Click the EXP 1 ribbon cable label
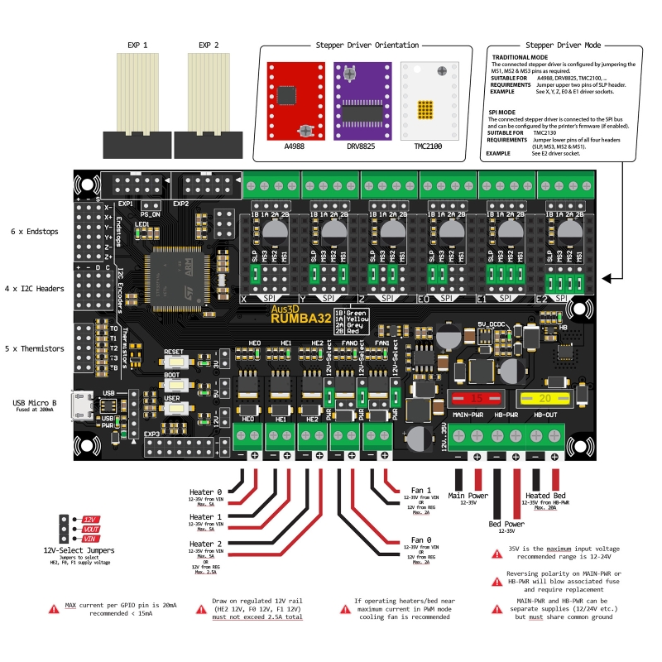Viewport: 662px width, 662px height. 137,45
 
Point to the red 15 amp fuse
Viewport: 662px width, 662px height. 476,399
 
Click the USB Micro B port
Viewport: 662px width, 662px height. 81,405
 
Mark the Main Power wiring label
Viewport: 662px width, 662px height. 468,495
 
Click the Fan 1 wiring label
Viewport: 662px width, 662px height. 422,489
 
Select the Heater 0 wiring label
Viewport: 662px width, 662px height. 206,492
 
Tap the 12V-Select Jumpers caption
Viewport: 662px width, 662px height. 79,549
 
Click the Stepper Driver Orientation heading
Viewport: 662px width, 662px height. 362,46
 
